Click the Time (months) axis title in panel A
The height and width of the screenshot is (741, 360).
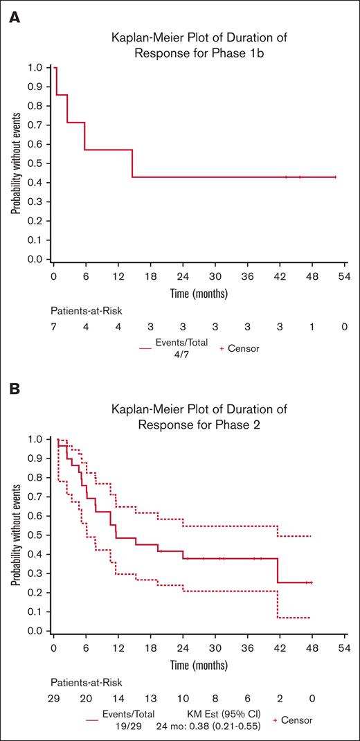coord(199,294)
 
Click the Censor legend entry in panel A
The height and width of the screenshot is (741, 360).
coord(240,349)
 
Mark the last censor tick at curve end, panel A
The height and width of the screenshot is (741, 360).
coord(335,177)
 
